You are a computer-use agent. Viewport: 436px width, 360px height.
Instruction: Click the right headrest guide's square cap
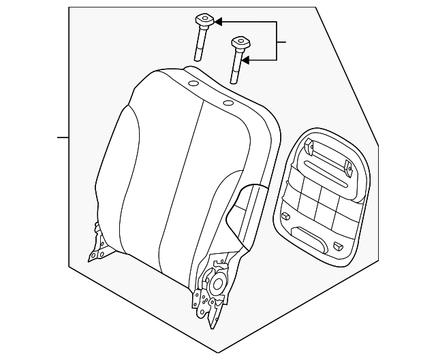coord(238,44)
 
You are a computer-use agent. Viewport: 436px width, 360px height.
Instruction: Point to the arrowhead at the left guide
coord(219,21)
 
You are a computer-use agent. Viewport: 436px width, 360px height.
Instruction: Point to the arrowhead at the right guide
coord(246,61)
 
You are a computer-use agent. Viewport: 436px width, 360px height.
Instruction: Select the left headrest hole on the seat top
coord(193,84)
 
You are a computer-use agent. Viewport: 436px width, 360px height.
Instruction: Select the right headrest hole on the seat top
coord(228,103)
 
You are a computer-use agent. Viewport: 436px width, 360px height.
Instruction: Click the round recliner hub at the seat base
coord(220,284)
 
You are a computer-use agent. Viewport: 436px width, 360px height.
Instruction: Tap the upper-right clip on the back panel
coord(348,165)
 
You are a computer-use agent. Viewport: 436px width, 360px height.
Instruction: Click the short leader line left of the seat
coord(63,137)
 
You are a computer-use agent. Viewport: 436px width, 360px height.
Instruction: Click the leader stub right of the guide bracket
coord(281,42)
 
